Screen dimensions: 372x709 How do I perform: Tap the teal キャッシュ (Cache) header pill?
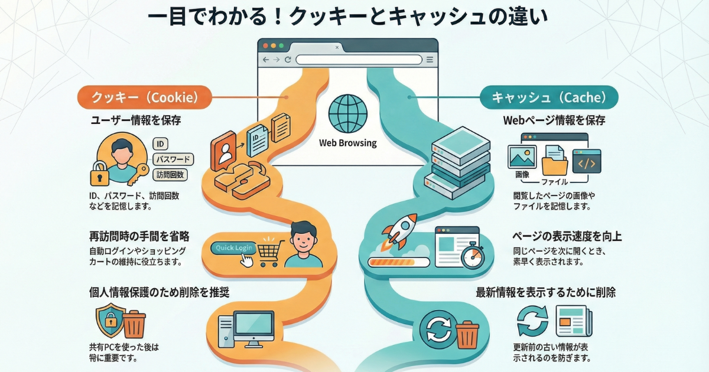coord(549,97)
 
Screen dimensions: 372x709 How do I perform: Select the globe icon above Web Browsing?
coord(347,113)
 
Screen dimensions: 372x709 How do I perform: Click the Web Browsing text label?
coord(347,143)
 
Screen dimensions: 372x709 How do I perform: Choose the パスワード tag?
coord(173,159)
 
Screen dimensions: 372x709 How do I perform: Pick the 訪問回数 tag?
coord(171,174)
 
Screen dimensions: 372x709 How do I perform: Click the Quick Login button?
coord(235,248)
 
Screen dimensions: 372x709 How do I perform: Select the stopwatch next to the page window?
coord(473,256)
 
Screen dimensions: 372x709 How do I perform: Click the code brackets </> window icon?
coord(586,161)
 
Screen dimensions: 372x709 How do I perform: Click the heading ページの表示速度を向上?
coord(567,236)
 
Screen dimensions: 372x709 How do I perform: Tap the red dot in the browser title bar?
coord(266,45)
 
